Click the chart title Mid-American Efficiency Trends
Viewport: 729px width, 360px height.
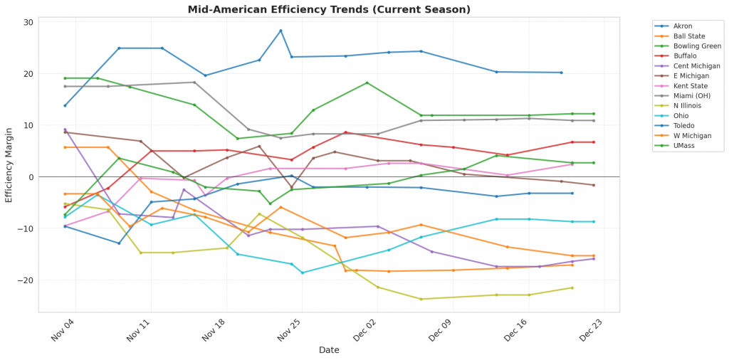[x=329, y=9]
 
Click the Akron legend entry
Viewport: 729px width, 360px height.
[x=683, y=26]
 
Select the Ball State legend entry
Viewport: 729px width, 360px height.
[x=687, y=36]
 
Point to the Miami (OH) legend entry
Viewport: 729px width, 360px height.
[x=689, y=96]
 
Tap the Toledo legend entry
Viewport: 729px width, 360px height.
[x=683, y=126]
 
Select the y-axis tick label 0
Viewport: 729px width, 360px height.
[x=31, y=177]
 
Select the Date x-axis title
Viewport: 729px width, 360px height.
[x=329, y=350]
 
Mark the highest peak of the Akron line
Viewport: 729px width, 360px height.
[x=280, y=31]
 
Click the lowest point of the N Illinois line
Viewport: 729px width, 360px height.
[x=421, y=299]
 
